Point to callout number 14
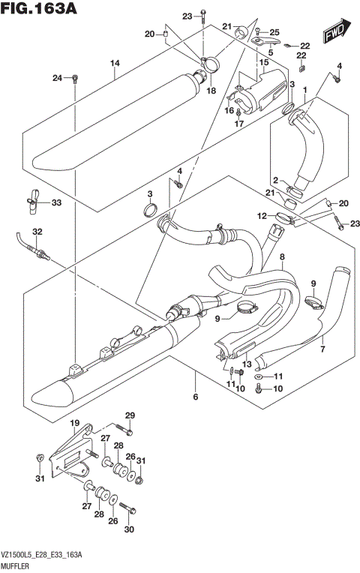coord(115,63)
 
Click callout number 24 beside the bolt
coord(57,78)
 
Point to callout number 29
coord(129,415)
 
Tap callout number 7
coord(323,348)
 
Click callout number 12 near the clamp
coord(262,216)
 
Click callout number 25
coord(274,31)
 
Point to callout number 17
coord(238,124)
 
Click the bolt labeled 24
coord(75,78)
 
